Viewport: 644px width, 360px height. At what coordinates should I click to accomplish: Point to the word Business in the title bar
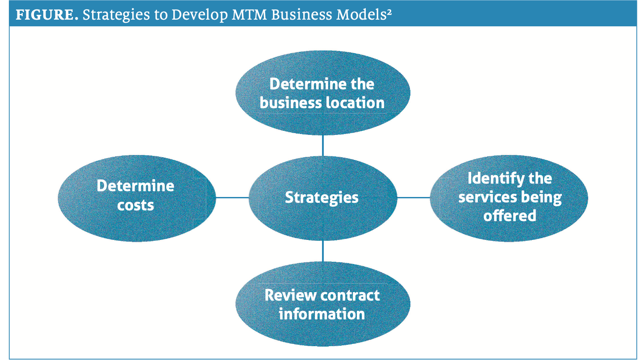click(302, 15)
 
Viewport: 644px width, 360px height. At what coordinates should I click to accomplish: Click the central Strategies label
click(322, 198)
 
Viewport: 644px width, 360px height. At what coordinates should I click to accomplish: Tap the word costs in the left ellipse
click(135, 205)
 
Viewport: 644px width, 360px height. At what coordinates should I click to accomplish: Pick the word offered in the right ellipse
click(510, 215)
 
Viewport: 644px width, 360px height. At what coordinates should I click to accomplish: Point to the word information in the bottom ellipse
click(322, 314)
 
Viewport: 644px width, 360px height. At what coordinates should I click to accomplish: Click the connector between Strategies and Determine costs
click(232, 198)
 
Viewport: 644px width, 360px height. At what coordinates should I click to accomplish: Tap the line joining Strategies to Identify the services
click(414, 198)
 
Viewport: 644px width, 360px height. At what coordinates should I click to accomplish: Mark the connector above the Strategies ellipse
click(323, 146)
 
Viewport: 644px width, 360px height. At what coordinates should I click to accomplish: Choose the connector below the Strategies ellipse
click(323, 251)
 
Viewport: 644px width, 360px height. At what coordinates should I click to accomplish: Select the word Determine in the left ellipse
click(135, 186)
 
